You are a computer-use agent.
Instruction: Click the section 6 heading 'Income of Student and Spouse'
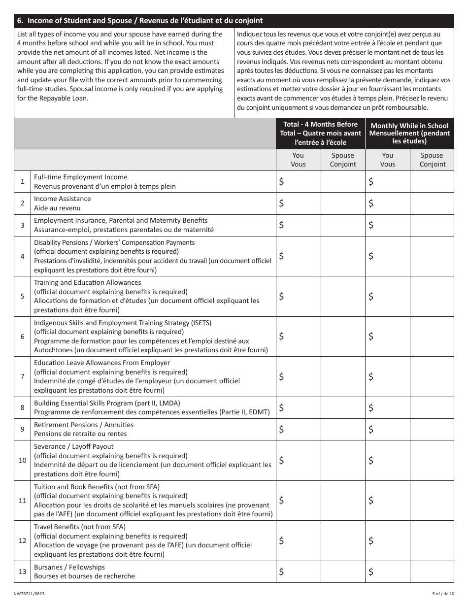click(140, 21)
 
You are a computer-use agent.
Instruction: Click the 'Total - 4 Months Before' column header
click(320, 124)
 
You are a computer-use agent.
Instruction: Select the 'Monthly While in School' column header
click(409, 126)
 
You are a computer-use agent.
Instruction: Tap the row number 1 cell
click(23, 182)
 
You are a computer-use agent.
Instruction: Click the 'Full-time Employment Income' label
click(81, 177)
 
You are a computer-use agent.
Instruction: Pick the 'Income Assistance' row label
click(63, 199)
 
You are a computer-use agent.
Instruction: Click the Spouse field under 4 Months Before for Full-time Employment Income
click(343, 182)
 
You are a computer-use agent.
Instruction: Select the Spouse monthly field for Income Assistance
click(432, 203)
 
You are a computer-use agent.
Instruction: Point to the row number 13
click(23, 572)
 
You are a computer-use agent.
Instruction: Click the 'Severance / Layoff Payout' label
click(74, 447)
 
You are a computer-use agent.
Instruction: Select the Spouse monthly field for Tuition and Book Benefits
click(432, 501)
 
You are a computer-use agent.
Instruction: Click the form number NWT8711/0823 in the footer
click(32, 595)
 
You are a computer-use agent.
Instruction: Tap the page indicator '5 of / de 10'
click(439, 595)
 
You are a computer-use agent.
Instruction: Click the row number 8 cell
click(23, 407)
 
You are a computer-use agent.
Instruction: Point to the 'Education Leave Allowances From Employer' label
click(102, 363)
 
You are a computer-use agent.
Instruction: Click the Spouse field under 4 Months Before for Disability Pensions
click(343, 256)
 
